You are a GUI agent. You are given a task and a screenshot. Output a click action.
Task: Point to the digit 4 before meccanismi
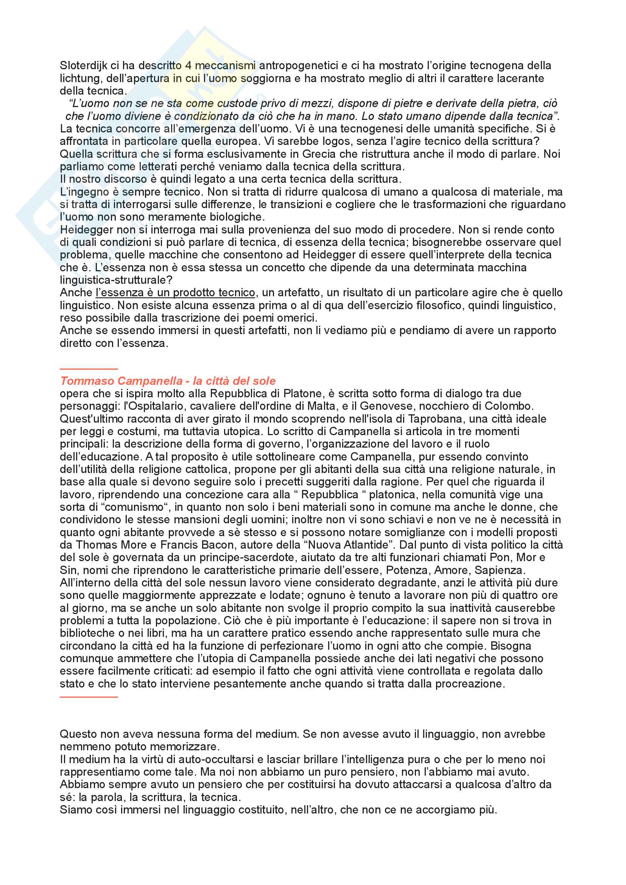(x=188, y=65)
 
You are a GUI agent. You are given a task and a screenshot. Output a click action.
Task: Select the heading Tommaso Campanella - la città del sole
(x=168, y=381)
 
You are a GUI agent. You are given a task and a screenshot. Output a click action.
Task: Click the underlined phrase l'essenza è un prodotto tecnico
(x=175, y=292)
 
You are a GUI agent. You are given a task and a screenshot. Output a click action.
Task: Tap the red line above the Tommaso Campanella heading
(x=89, y=369)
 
